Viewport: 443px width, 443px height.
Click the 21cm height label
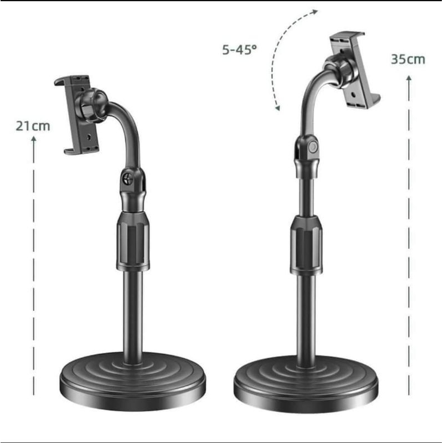33,126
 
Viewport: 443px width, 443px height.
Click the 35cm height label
408,59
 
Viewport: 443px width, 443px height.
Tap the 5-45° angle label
240,50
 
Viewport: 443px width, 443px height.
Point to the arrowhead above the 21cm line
34,139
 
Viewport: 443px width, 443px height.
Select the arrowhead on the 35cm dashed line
409,79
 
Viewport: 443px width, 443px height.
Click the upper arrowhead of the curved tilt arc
315,12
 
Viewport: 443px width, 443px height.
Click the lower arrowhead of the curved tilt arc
277,107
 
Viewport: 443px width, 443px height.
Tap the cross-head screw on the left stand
128,178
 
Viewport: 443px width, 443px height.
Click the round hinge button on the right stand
313,147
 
